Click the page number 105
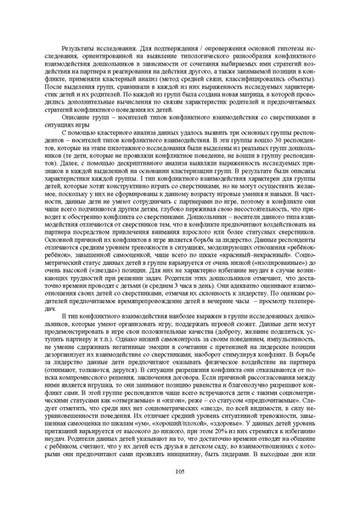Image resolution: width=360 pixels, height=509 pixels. [x=179, y=494]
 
